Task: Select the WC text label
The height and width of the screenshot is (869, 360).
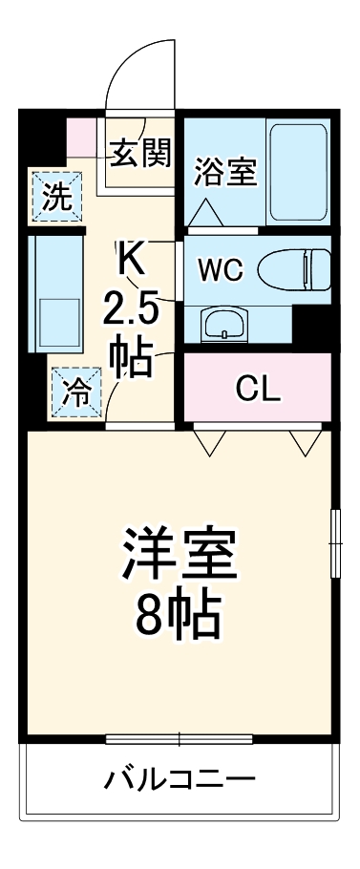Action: tap(221, 268)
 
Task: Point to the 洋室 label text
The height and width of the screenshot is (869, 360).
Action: tap(178, 551)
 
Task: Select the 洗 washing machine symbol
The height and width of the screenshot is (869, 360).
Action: tap(58, 198)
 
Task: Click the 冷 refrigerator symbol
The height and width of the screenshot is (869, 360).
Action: tap(74, 392)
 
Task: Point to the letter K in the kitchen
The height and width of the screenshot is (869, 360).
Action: tap(130, 258)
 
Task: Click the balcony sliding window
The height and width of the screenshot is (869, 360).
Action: tap(179, 738)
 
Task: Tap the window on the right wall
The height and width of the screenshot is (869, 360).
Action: tap(335, 542)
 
